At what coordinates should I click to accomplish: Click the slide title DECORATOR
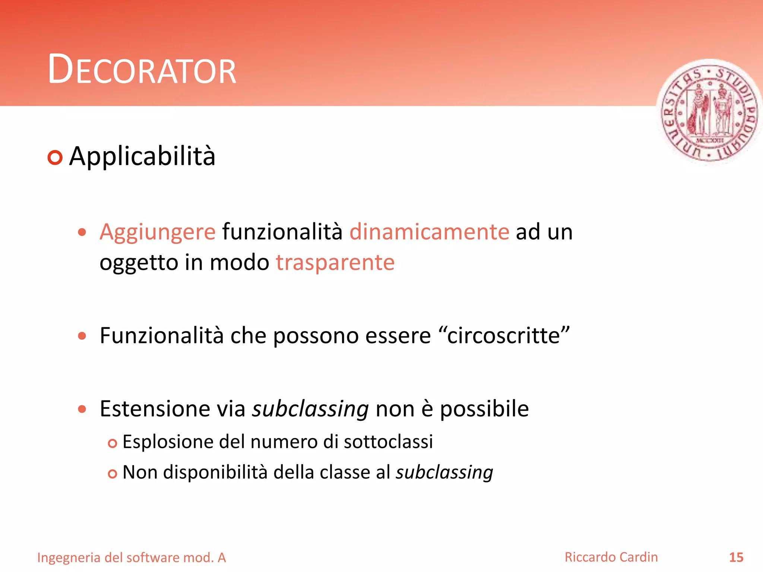point(142,70)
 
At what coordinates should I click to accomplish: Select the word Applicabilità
point(142,156)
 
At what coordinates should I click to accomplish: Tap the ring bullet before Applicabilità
point(55,158)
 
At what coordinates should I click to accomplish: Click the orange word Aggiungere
point(158,232)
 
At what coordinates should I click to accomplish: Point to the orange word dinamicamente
point(429,232)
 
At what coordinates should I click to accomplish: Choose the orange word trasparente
point(335,263)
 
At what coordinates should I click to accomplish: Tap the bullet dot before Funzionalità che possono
point(82,336)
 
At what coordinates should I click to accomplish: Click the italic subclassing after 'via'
point(310,409)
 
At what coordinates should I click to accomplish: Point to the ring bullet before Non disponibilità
point(112,474)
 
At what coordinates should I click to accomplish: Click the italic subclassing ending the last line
point(444,473)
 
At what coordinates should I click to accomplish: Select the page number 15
point(736,557)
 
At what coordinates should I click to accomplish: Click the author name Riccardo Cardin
point(611,557)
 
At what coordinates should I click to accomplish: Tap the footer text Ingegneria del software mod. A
point(132,557)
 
